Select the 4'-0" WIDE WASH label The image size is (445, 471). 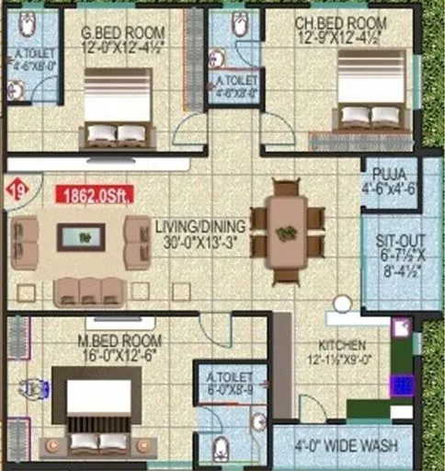coord(346,446)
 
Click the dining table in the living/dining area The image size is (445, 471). coord(288,230)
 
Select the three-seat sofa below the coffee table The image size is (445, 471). coord(87,292)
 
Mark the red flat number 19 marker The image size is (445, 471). coord(16,190)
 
